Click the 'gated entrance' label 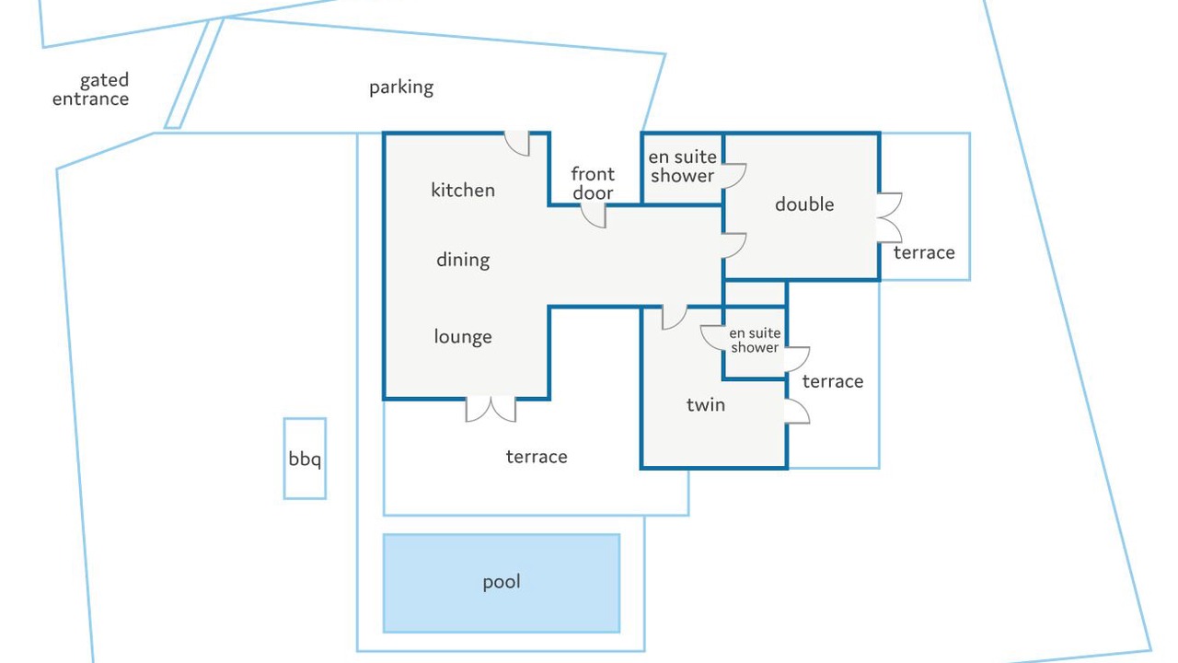click(90, 89)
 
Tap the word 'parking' click(401, 87)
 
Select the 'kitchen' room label click(463, 190)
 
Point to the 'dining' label click(463, 260)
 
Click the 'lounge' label click(463, 337)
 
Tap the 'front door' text click(593, 183)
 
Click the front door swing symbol click(595, 216)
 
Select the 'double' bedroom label click(804, 204)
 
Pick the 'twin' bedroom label click(706, 404)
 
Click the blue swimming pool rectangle click(502, 583)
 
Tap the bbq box click(305, 459)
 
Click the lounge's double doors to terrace click(491, 410)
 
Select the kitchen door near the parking click(517, 143)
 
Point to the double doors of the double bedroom click(889, 218)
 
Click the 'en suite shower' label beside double click(682, 167)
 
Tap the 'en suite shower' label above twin click(755, 340)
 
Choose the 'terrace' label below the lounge click(537, 457)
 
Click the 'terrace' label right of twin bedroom click(833, 381)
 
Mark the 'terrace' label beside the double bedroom click(924, 252)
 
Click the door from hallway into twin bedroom click(675, 318)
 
